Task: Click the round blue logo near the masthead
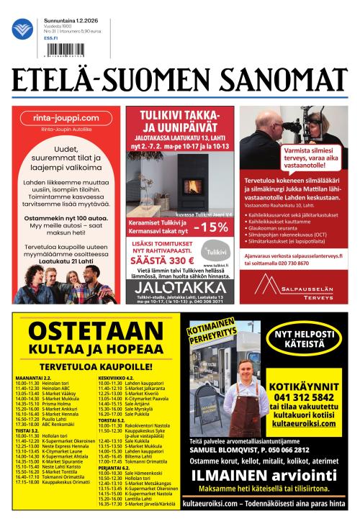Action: click(x=22, y=29)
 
